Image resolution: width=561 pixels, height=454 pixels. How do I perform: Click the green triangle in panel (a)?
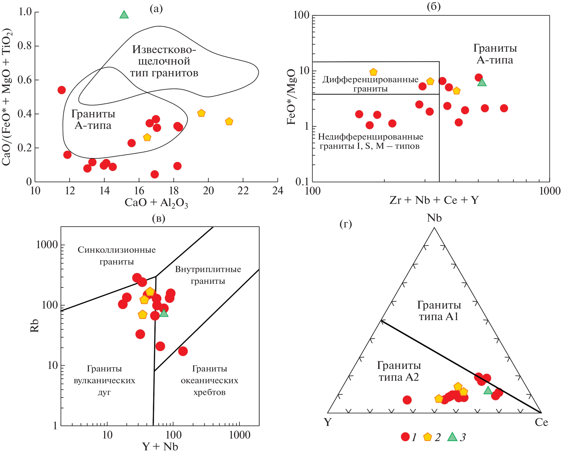click(124, 15)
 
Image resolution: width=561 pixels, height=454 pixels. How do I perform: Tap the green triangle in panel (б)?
click(482, 83)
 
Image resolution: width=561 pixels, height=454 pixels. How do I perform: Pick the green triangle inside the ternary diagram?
click(488, 390)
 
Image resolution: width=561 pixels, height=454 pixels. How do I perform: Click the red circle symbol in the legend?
click(405, 437)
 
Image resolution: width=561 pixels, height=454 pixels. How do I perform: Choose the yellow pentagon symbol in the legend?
click(427, 437)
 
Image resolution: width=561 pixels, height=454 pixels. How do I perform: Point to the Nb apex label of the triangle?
click(434, 218)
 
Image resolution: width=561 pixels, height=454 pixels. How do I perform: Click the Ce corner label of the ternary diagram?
click(541, 422)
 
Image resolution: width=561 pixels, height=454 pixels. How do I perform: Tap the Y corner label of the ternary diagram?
click(328, 422)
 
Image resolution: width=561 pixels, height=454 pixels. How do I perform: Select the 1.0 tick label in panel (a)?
click(25, 12)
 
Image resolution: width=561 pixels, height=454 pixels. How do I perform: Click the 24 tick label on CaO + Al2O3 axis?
click(278, 191)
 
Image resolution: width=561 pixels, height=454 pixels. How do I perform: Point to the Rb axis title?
click(34, 326)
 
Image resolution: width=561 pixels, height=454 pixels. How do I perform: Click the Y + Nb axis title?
click(160, 446)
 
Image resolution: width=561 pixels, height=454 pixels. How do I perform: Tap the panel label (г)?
click(346, 224)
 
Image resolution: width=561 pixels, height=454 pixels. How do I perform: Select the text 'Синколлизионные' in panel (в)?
click(117, 250)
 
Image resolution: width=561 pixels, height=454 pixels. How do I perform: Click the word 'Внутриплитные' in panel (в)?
click(208, 269)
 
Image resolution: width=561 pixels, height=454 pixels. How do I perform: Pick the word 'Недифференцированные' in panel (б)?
click(370, 137)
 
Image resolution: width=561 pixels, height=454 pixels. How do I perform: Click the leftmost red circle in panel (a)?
click(61, 90)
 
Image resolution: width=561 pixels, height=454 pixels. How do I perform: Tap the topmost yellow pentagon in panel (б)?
click(373, 72)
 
